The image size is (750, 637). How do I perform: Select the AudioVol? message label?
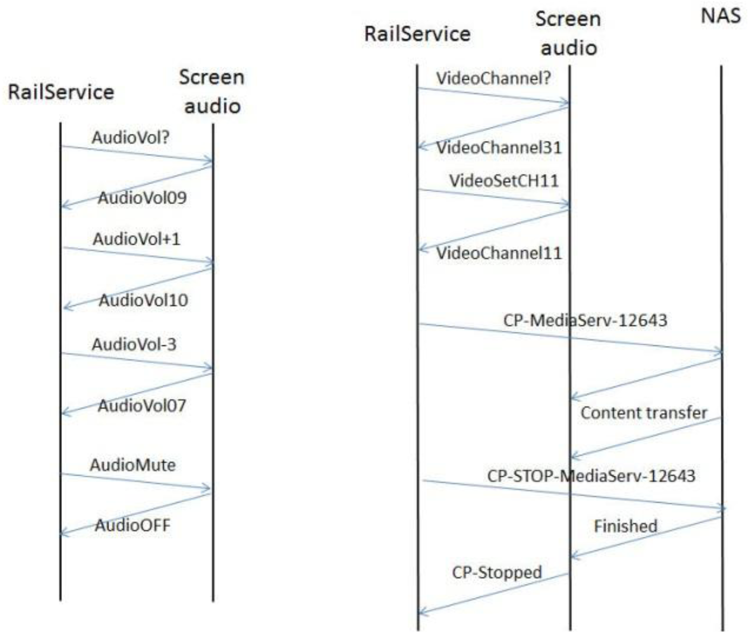(130, 138)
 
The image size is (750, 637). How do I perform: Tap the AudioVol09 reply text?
(142, 198)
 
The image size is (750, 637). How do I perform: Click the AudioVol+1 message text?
(136, 239)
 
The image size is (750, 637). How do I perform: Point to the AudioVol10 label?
(143, 300)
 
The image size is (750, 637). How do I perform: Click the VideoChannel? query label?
(493, 78)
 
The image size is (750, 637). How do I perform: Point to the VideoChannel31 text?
(499, 148)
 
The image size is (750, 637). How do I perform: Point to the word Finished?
(625, 526)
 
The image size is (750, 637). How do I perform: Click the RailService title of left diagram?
(61, 92)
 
